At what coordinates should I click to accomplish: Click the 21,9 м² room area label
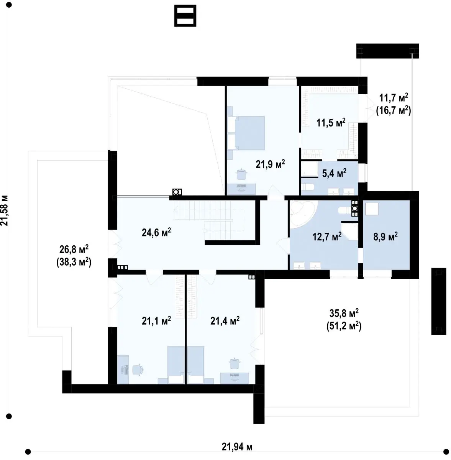point(270,164)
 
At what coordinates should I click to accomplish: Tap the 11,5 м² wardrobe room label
point(331,122)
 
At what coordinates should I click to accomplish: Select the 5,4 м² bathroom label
point(334,173)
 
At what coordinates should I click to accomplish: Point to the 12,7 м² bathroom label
point(327,237)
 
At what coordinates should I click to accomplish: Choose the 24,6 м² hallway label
point(156,232)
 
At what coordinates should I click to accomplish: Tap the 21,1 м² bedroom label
point(156,320)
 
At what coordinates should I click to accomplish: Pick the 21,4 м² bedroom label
point(225,320)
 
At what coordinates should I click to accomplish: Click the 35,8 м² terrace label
point(344,313)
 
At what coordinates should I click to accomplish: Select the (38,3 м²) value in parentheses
point(74,262)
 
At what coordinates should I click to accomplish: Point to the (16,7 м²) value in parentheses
point(393,110)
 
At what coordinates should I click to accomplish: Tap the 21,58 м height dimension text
point(5,210)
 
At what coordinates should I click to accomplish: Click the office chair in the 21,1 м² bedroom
point(137,370)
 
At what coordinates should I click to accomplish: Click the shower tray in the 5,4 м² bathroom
point(310,169)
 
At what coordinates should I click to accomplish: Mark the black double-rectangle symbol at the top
point(185,16)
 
